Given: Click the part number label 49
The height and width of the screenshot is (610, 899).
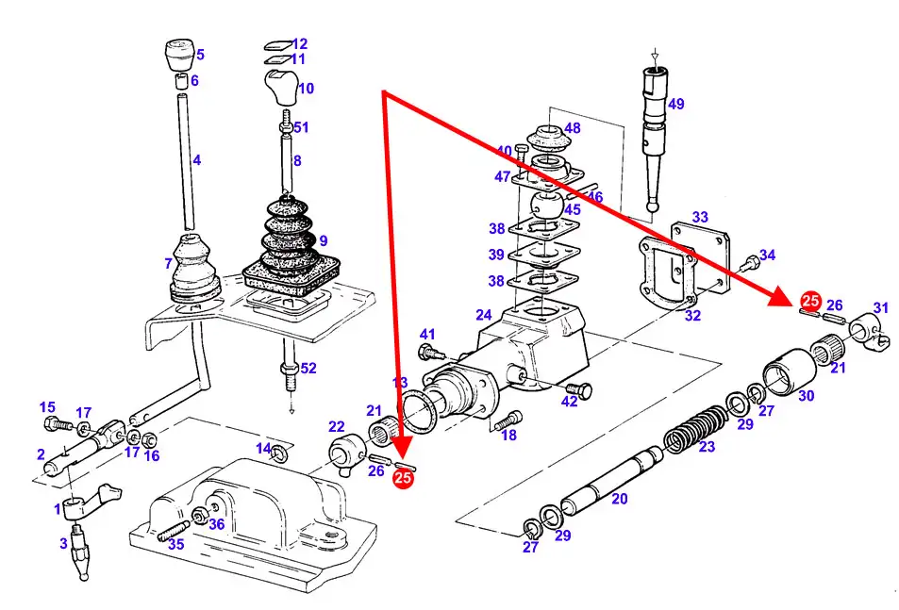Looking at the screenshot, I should [x=675, y=104].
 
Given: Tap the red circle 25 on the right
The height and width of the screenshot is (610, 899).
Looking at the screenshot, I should [x=809, y=302].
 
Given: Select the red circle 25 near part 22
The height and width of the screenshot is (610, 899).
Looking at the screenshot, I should [x=403, y=479].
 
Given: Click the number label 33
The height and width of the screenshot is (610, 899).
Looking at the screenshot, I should [x=699, y=217].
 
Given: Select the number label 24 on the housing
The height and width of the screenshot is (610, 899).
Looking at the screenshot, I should [x=483, y=315].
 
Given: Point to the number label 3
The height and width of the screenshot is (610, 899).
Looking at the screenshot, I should [x=63, y=543].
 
